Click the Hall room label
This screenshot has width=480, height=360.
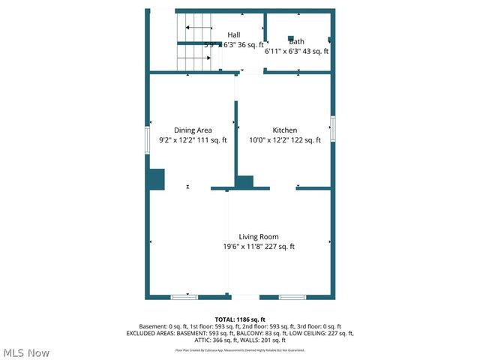click(x=234, y=35)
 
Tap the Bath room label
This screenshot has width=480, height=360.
click(x=296, y=41)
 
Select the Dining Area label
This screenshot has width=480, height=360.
click(x=193, y=130)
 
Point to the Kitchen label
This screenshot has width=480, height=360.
click(x=284, y=130)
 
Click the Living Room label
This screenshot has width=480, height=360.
click(x=259, y=236)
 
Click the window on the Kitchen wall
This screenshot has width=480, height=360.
click(x=332, y=128)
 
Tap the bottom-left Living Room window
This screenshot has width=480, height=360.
click(x=184, y=297)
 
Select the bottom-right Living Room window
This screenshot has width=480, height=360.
click(x=292, y=297)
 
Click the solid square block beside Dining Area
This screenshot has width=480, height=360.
click(x=155, y=179)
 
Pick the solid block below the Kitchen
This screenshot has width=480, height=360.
click(x=245, y=181)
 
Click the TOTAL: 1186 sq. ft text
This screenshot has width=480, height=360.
click(x=240, y=319)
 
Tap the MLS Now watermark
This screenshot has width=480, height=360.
click(x=26, y=352)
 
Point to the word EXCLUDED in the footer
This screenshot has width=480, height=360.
click(x=143, y=333)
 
